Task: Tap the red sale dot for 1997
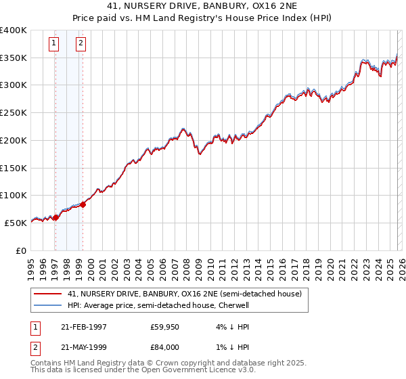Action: coord(56,217)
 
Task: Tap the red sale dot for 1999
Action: coord(83,204)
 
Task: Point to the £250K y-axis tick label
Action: coord(14,113)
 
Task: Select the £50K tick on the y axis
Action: coord(16,223)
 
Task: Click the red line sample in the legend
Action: coord(47,294)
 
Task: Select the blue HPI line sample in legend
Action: coord(47,305)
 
